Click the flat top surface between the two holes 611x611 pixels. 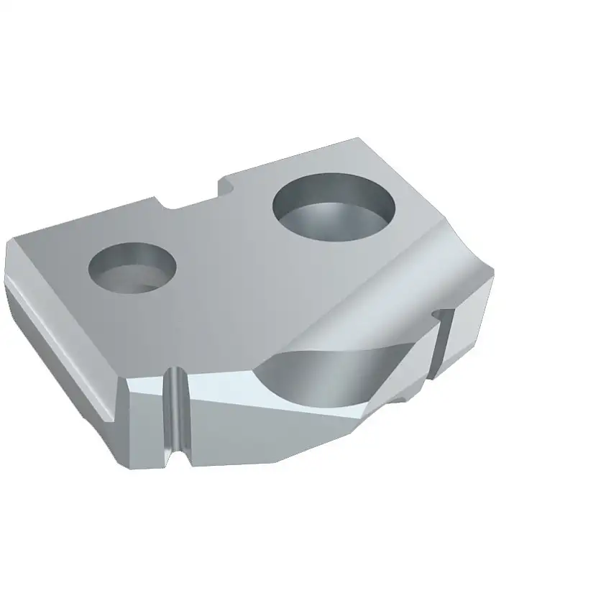click(223, 252)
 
